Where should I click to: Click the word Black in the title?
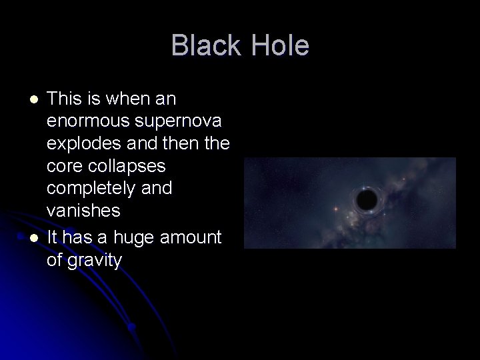pos(204,46)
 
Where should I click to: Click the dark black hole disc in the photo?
pos(366,199)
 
